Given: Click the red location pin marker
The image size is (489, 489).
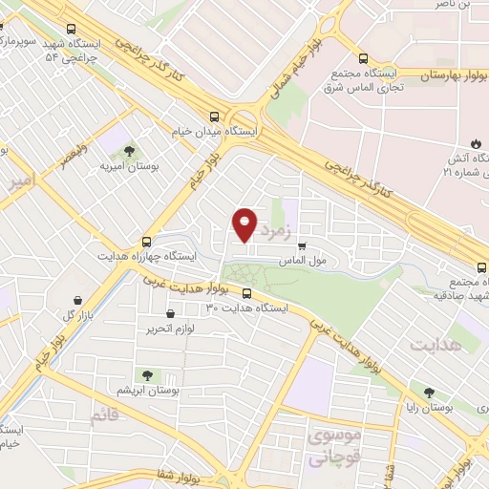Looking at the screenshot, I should click(245, 224).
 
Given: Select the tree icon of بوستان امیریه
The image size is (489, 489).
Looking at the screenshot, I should click(129, 150).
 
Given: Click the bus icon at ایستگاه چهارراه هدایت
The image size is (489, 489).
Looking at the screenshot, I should click(145, 242).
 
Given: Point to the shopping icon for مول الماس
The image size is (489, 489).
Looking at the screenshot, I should click(303, 245).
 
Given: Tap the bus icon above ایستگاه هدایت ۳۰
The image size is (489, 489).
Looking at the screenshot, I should click(247, 294).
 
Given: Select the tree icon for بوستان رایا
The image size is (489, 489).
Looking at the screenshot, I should click(429, 392).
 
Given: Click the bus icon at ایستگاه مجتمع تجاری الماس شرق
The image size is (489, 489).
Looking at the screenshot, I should click(362, 56).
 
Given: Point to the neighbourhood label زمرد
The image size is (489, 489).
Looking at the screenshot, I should click(274, 226).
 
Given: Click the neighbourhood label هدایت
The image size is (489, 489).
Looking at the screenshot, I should click(441, 343).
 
